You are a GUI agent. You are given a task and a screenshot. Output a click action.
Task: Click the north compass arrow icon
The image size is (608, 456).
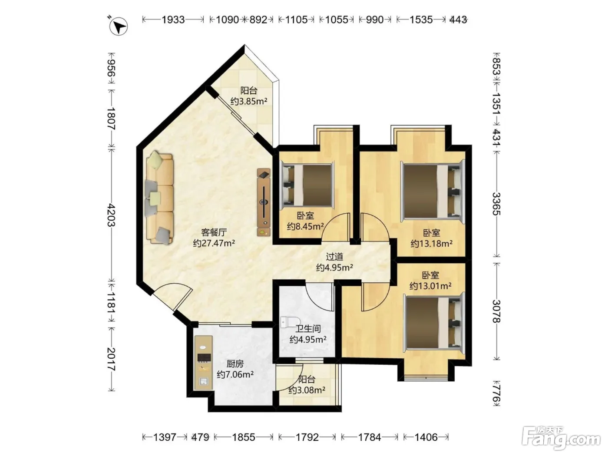click(119, 26)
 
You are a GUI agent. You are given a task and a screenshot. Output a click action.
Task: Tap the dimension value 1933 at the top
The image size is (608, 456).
click(173, 20)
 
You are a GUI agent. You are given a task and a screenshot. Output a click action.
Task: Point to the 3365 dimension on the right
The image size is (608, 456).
click(497, 204)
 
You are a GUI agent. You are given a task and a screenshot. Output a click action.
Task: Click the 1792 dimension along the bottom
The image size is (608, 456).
click(307, 437)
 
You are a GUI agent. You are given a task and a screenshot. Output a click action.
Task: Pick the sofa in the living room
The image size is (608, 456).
click(159, 198)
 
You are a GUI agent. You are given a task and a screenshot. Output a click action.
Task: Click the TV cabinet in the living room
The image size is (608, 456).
click(264, 202)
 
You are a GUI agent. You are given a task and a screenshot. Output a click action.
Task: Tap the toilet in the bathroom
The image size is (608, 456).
click(288, 322)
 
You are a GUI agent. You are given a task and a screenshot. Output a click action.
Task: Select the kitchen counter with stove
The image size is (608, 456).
click(204, 363)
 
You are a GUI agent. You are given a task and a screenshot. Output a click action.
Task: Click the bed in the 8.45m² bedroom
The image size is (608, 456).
click(307, 185)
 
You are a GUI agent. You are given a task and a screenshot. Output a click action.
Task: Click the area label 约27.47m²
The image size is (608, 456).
click(214, 243)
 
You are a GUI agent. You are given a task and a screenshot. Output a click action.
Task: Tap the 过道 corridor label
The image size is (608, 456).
click(334, 257)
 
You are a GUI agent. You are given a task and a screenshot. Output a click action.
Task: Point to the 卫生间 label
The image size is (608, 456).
click(308, 329)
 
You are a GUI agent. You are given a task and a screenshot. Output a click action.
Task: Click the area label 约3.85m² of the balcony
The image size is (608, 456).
click(249, 101)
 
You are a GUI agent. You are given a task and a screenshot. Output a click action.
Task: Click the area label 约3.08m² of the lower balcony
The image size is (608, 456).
click(307, 390)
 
